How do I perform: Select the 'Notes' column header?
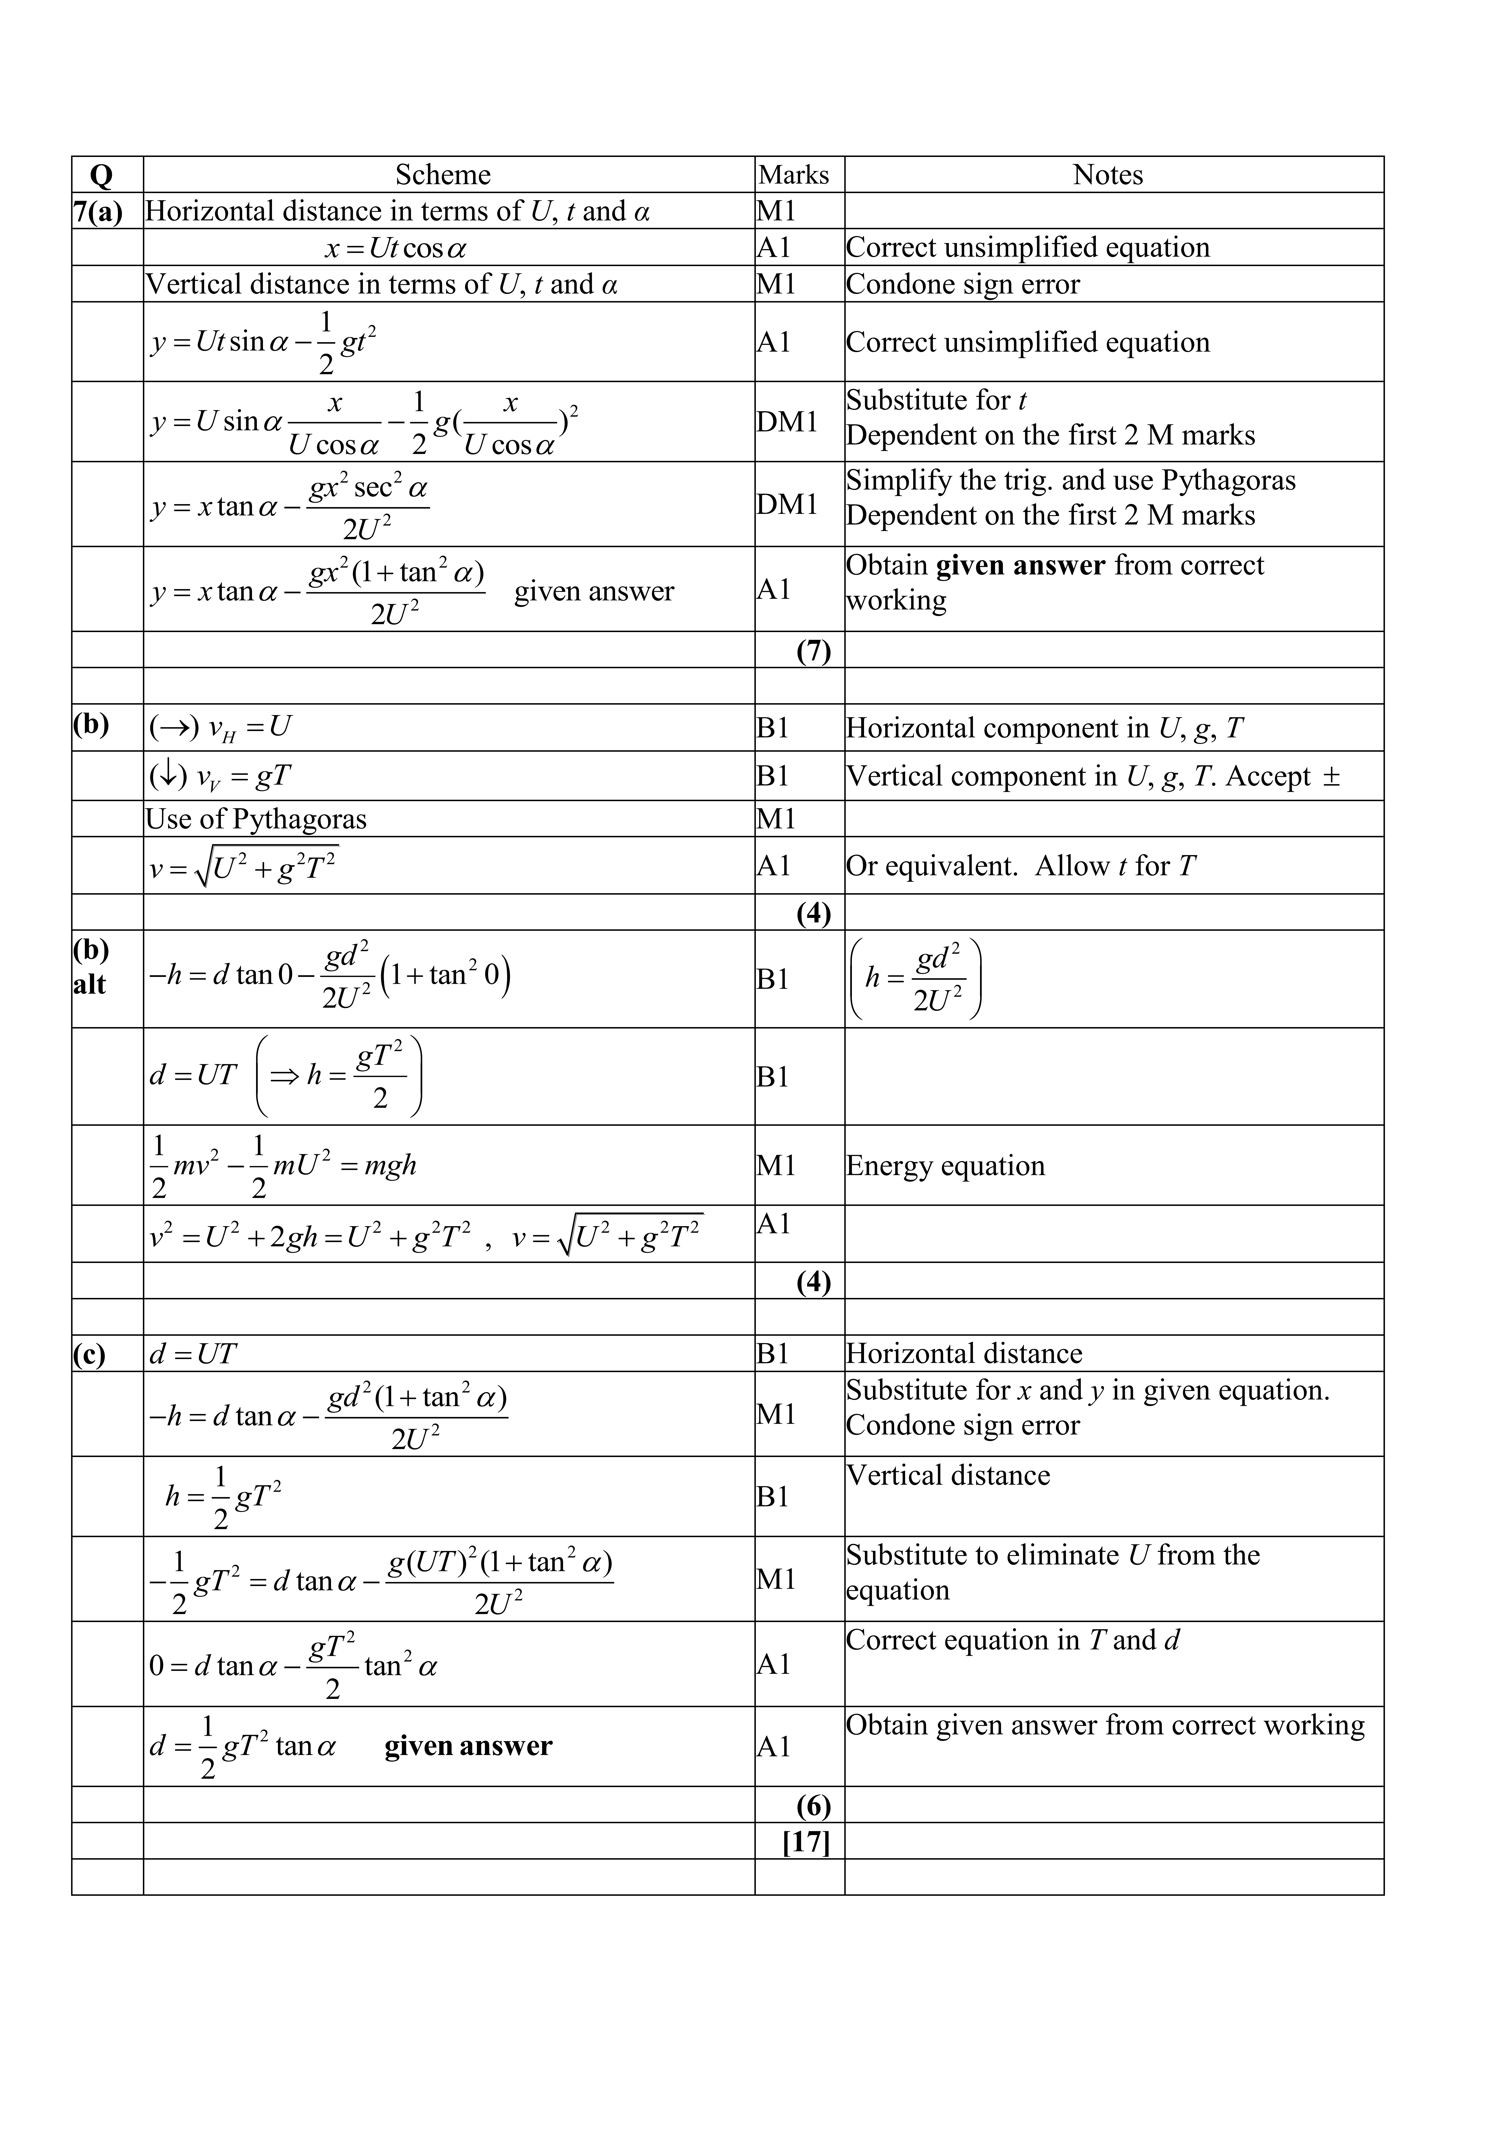(x=1107, y=175)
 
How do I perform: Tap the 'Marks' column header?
(x=793, y=175)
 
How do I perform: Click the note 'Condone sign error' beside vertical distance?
(x=962, y=284)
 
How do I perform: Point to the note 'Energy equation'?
(x=945, y=1166)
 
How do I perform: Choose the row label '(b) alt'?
(x=91, y=967)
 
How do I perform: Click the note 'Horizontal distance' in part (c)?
(x=964, y=1354)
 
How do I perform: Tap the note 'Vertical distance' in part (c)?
(x=947, y=1476)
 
